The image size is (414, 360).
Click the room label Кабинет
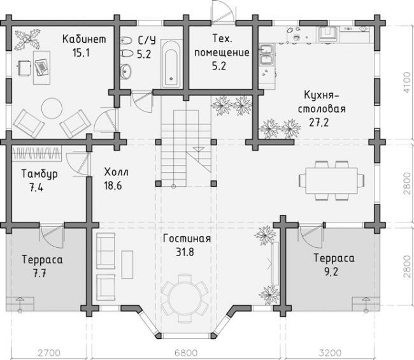[x=84, y=39]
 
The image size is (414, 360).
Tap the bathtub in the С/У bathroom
[x=171, y=64]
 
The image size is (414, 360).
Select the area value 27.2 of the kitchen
[x=319, y=122]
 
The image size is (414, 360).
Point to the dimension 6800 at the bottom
[x=185, y=352]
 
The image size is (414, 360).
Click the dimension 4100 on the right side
[x=408, y=82]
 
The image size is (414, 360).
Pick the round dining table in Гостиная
[x=185, y=298]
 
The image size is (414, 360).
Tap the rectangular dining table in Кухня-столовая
[x=332, y=181]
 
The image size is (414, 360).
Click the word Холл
[x=116, y=172]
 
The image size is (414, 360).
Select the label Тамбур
[x=39, y=174]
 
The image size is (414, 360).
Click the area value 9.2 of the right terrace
[x=331, y=271]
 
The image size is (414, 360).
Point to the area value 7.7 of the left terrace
[x=40, y=273]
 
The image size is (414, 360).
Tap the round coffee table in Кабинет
[x=52, y=108]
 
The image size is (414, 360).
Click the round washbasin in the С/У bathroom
[x=125, y=71]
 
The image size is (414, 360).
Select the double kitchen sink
[x=268, y=55]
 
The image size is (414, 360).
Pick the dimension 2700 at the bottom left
[x=49, y=352]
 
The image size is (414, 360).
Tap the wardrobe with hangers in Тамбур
[x=36, y=153]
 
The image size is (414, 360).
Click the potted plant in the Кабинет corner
[x=27, y=40]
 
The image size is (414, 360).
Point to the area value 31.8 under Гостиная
[x=185, y=252]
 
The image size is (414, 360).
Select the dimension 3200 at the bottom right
[x=330, y=352]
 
